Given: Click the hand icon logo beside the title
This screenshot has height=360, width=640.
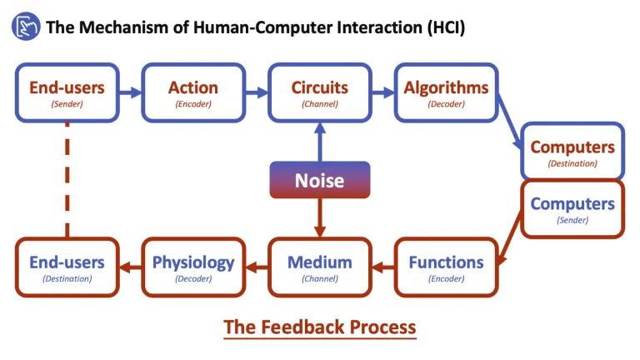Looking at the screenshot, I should click(x=25, y=27).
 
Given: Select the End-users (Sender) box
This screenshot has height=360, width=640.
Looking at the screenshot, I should click(x=67, y=92).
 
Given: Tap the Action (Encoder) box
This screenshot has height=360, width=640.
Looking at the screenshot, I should click(x=193, y=92).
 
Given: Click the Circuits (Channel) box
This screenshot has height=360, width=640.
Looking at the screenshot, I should click(x=319, y=92).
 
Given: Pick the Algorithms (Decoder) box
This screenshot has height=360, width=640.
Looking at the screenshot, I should click(x=446, y=92).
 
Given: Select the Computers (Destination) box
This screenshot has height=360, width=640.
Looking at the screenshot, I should click(x=572, y=152).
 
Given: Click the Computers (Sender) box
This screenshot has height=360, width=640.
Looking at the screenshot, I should click(x=572, y=208).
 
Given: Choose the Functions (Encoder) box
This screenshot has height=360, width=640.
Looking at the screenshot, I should click(x=446, y=267).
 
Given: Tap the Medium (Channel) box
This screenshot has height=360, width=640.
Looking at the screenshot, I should click(x=319, y=267).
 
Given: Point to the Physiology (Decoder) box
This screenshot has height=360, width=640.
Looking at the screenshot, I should click(x=193, y=267).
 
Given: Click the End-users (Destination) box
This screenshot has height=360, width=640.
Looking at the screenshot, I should click(x=67, y=267).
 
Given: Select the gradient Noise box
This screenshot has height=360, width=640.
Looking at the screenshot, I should click(x=319, y=180).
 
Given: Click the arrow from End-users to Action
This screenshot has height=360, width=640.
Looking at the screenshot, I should click(x=130, y=92).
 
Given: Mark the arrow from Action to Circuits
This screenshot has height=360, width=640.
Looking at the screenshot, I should click(x=256, y=92).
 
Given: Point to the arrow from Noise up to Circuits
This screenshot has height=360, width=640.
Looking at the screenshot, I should click(x=319, y=141).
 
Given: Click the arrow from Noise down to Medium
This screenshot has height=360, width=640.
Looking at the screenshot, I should click(x=319, y=217).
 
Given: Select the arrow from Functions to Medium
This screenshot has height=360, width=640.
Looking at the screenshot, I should click(x=382, y=267).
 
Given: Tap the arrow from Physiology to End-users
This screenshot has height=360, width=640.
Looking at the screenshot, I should click(x=130, y=267).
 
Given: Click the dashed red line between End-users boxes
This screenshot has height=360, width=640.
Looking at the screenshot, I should click(x=67, y=179).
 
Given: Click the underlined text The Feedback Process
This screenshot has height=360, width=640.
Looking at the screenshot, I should click(x=319, y=326).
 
